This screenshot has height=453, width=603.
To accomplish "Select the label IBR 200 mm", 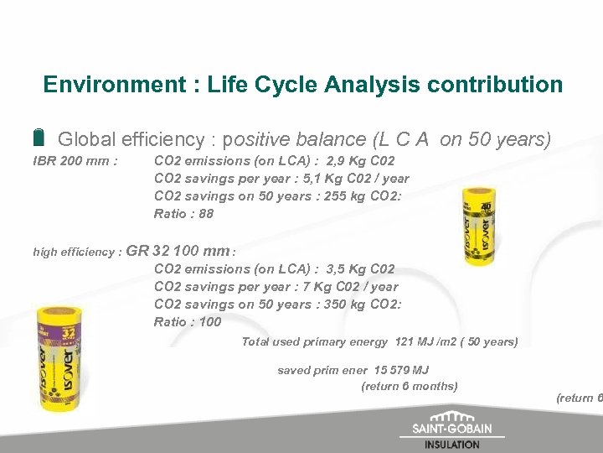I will pyautogui.click(x=75, y=160).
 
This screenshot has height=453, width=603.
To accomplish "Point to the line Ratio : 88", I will pyautogui.click(x=183, y=213).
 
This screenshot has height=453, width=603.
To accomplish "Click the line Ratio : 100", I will pyautogui.click(x=187, y=321).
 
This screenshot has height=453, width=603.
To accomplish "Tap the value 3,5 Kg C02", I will pyautogui.click(x=360, y=268).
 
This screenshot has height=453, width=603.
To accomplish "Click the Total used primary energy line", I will pyautogui.click(x=379, y=341).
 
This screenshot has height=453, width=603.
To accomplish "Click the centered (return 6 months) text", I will pyautogui.click(x=409, y=386).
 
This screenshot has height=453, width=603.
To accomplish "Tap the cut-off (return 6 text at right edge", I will pyautogui.click(x=579, y=398).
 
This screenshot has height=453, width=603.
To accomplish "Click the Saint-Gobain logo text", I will pyautogui.click(x=452, y=429).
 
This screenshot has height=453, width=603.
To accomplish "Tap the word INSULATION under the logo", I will pyautogui.click(x=452, y=445).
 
